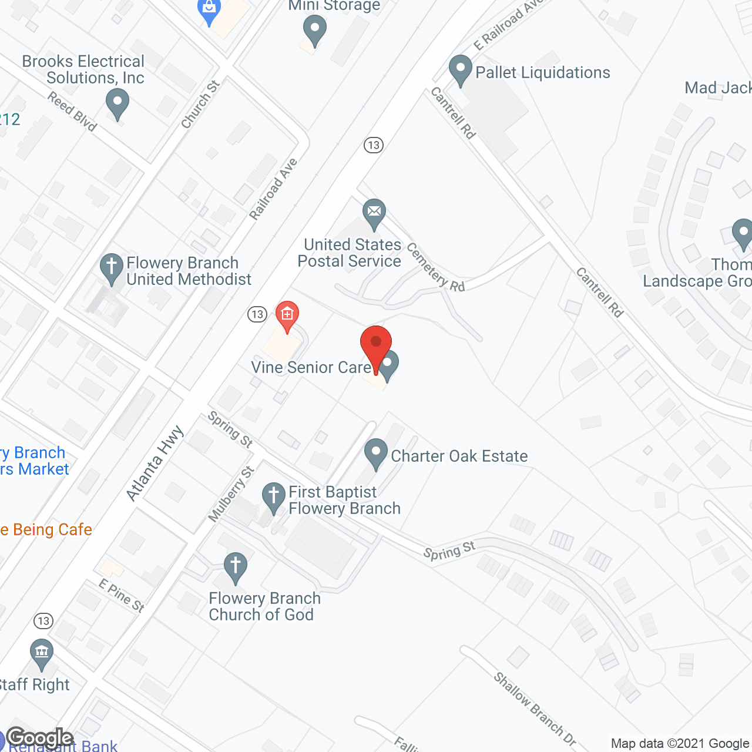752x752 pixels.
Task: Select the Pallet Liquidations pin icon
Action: point(461,69)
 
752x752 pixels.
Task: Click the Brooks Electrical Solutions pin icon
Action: point(117,103)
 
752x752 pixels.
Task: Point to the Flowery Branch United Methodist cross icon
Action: point(111,267)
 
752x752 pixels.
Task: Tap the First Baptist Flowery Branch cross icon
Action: point(273,496)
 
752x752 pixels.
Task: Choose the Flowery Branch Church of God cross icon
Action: point(235,567)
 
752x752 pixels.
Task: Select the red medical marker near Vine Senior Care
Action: point(287,315)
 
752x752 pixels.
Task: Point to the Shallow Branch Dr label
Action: point(535,709)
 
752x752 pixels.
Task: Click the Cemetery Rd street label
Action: point(435,268)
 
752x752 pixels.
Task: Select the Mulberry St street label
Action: point(231,493)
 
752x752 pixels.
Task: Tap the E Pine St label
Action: point(122,595)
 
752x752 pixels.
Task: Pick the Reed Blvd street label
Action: point(72,111)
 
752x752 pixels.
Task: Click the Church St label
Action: point(200,105)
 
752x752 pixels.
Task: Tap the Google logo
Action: point(40,738)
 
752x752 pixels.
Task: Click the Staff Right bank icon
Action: point(41,653)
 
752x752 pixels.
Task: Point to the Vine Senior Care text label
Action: point(311,368)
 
